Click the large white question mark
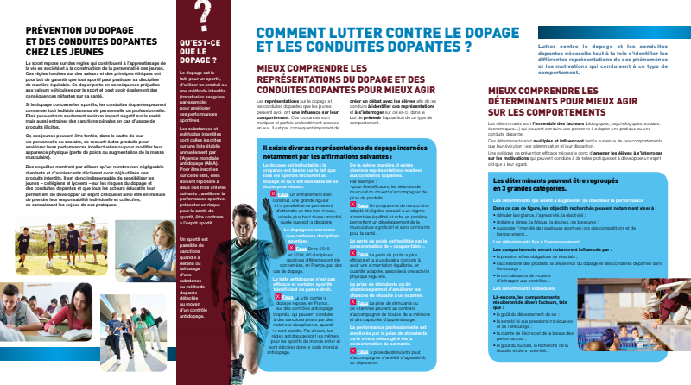point(202,16)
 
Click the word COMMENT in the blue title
point(297,34)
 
